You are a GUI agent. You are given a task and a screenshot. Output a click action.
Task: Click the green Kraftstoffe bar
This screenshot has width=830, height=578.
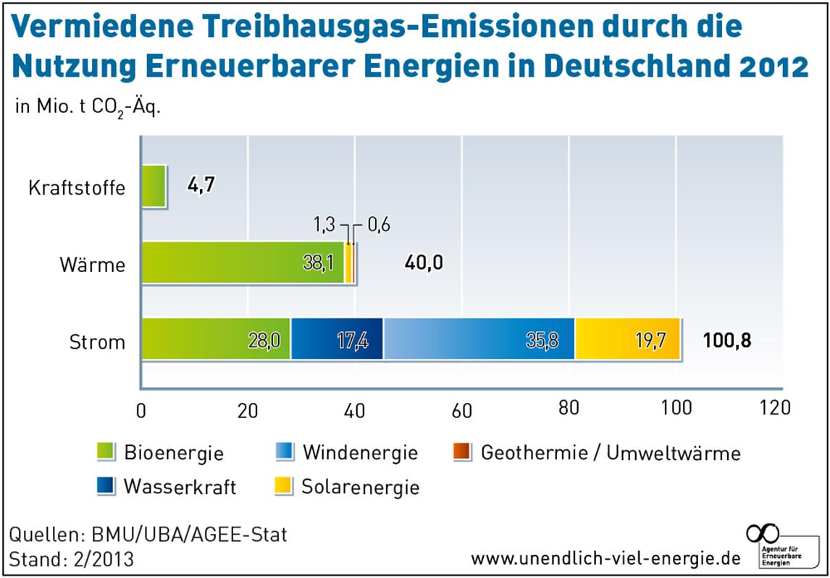pyautogui.click(x=154, y=187)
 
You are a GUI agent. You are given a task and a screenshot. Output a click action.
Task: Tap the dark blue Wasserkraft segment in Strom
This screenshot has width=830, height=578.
pyautogui.click(x=337, y=339)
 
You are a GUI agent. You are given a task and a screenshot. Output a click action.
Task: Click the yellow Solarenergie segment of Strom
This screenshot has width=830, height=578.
pyautogui.click(x=627, y=339)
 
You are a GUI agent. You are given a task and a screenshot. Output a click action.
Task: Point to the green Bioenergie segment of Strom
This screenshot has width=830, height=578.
pyautogui.click(x=216, y=339)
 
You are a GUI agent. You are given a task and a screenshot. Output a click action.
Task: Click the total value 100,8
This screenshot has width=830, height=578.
pyautogui.click(x=726, y=340)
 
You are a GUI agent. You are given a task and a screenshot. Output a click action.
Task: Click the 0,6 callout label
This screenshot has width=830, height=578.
pyautogui.click(x=378, y=225)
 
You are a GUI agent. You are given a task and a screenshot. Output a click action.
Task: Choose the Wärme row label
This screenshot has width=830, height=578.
pyautogui.click(x=93, y=264)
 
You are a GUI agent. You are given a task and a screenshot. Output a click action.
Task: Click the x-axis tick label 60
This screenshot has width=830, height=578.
pyautogui.click(x=462, y=411)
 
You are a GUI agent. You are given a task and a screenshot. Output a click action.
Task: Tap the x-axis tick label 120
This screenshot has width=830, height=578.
pyautogui.click(x=776, y=409)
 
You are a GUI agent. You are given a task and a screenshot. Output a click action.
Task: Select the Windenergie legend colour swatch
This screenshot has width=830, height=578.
pyautogui.click(x=285, y=453)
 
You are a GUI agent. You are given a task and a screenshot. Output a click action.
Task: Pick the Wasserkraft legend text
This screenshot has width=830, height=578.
pyautogui.click(x=180, y=486)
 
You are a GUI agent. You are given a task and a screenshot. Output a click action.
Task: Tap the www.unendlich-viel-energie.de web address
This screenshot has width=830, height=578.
pyautogui.click(x=605, y=558)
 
